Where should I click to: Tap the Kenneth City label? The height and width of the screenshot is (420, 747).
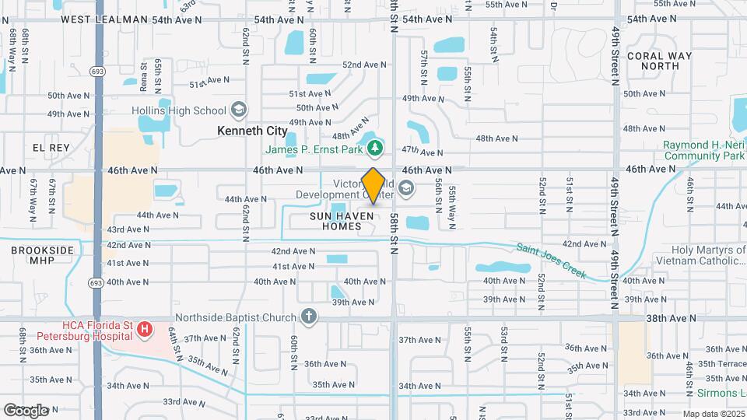coord(253,131)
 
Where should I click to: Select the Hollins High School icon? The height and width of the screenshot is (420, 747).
coord(238,110)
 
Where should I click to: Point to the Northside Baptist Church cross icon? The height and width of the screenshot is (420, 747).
coord(309,317)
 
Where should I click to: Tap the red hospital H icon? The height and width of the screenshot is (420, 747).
coord(144,330)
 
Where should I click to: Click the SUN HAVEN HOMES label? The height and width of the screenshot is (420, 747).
coord(336,220)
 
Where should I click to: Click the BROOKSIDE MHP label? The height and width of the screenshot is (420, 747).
coord(42,256)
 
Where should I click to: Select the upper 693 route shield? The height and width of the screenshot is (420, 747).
coord(98,72)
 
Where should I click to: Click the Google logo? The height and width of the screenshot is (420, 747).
coord(26,410)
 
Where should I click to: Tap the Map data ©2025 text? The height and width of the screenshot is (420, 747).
coord(712,414)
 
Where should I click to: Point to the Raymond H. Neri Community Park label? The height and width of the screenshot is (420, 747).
coord(703,150)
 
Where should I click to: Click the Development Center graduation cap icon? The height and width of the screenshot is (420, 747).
coord(405,187)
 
